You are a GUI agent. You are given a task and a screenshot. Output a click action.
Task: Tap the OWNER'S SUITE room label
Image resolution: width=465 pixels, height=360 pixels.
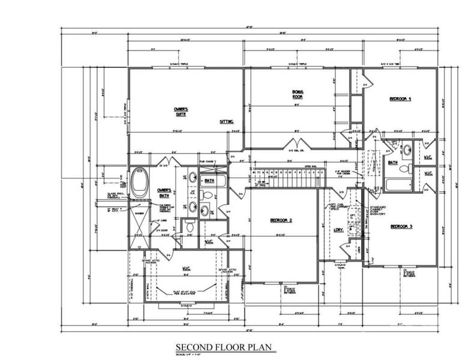[181, 112]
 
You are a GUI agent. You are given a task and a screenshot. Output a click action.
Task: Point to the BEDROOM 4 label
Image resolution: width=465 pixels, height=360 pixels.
[400, 98]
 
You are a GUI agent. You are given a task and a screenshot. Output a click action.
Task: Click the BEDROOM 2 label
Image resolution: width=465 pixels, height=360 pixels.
[281, 220]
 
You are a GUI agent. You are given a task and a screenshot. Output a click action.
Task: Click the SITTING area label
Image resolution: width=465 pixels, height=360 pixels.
[226, 121]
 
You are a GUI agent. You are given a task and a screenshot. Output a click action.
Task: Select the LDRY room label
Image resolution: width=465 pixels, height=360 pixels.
[338, 229]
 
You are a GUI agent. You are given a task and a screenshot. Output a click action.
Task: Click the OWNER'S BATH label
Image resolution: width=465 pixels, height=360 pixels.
[164, 193]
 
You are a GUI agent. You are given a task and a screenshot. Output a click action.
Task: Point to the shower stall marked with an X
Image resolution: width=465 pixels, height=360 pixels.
[139, 222]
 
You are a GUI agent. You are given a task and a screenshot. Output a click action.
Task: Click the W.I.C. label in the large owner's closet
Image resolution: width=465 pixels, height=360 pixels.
[186, 269]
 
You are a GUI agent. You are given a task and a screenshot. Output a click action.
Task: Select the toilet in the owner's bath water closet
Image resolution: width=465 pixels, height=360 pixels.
[190, 226]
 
